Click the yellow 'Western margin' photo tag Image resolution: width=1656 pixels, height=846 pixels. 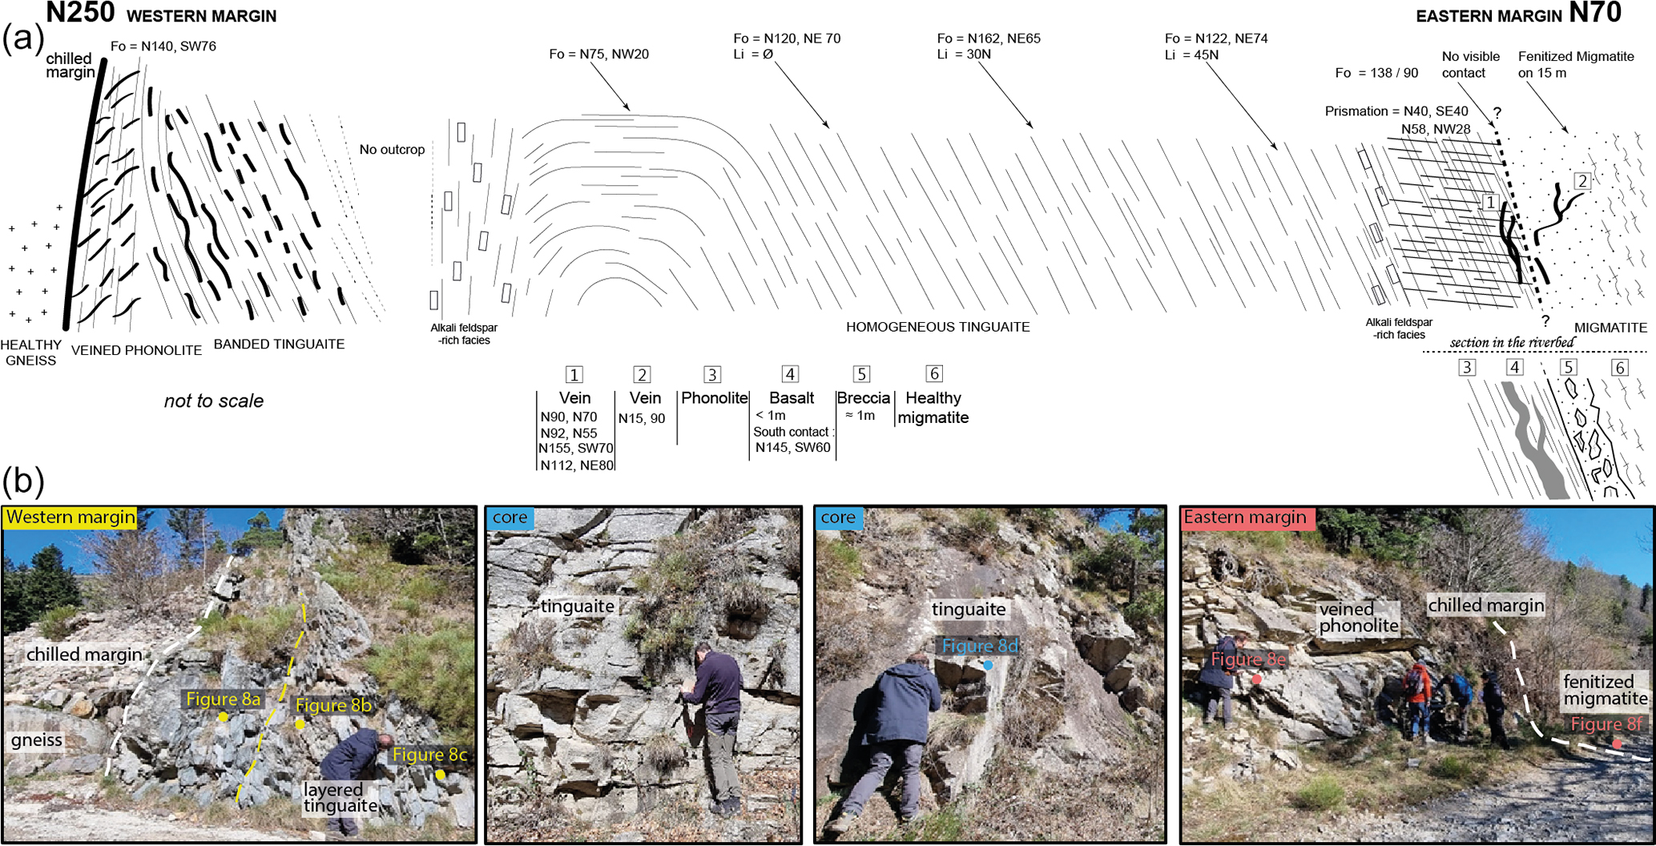71,518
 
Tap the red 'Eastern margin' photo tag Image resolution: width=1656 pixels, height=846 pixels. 1245,518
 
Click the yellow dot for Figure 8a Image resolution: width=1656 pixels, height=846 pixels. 223,717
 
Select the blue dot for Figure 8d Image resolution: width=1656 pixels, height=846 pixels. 988,665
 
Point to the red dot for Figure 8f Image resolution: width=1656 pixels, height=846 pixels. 1617,744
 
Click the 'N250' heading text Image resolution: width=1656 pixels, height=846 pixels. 80,13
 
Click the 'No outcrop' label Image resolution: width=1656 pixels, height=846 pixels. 392,150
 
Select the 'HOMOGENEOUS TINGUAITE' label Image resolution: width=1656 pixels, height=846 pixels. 937,327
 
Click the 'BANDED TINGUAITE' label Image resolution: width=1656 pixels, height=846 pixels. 279,344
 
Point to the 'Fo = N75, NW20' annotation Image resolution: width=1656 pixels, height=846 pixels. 598,54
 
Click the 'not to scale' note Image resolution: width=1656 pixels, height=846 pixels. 214,401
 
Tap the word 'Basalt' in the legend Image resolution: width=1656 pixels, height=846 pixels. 792,398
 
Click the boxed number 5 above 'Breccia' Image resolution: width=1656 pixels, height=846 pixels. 861,374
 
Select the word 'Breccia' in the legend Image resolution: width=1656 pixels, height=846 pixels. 864,398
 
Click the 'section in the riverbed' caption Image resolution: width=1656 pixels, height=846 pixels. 1512,343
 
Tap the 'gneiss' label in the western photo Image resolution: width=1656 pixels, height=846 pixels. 37,739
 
